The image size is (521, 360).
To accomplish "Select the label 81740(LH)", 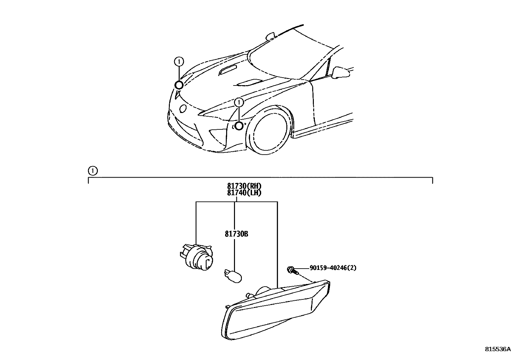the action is (244, 193).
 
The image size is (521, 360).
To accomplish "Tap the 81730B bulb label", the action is (236, 234).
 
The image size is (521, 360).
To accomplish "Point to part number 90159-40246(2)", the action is (333, 268).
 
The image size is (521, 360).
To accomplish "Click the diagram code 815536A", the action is (497, 349).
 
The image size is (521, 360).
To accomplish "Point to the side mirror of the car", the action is (340, 72).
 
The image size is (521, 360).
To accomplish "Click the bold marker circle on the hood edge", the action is (179, 85).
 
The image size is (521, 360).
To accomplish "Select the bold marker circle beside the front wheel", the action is (239, 126).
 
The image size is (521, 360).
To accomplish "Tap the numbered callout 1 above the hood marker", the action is (179, 61).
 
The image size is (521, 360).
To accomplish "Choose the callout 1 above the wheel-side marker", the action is (239, 103).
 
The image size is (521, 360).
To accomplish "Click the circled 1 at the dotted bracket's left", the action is (93, 170).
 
